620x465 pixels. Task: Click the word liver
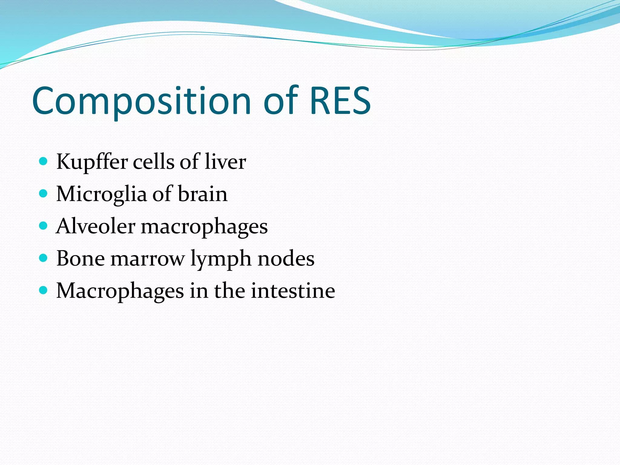click(225, 162)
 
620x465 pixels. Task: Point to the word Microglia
click(101, 194)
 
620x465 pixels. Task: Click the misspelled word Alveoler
click(95, 226)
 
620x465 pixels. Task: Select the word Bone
click(81, 259)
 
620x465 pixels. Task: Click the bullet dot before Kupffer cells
click(44, 161)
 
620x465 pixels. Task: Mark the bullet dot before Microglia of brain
click(44, 193)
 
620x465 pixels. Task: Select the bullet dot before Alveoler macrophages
click(44, 226)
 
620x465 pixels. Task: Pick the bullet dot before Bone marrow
click(44, 258)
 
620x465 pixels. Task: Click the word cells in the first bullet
click(153, 162)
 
